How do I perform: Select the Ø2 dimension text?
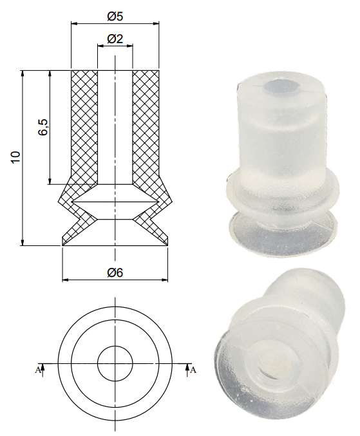pyautogui.click(x=115, y=39)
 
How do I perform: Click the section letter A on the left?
pyautogui.click(x=37, y=370)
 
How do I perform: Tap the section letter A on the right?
pyautogui.click(x=193, y=370)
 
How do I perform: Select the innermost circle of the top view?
pyautogui.click(x=115, y=365)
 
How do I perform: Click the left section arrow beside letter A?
pyautogui.click(x=43, y=368)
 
